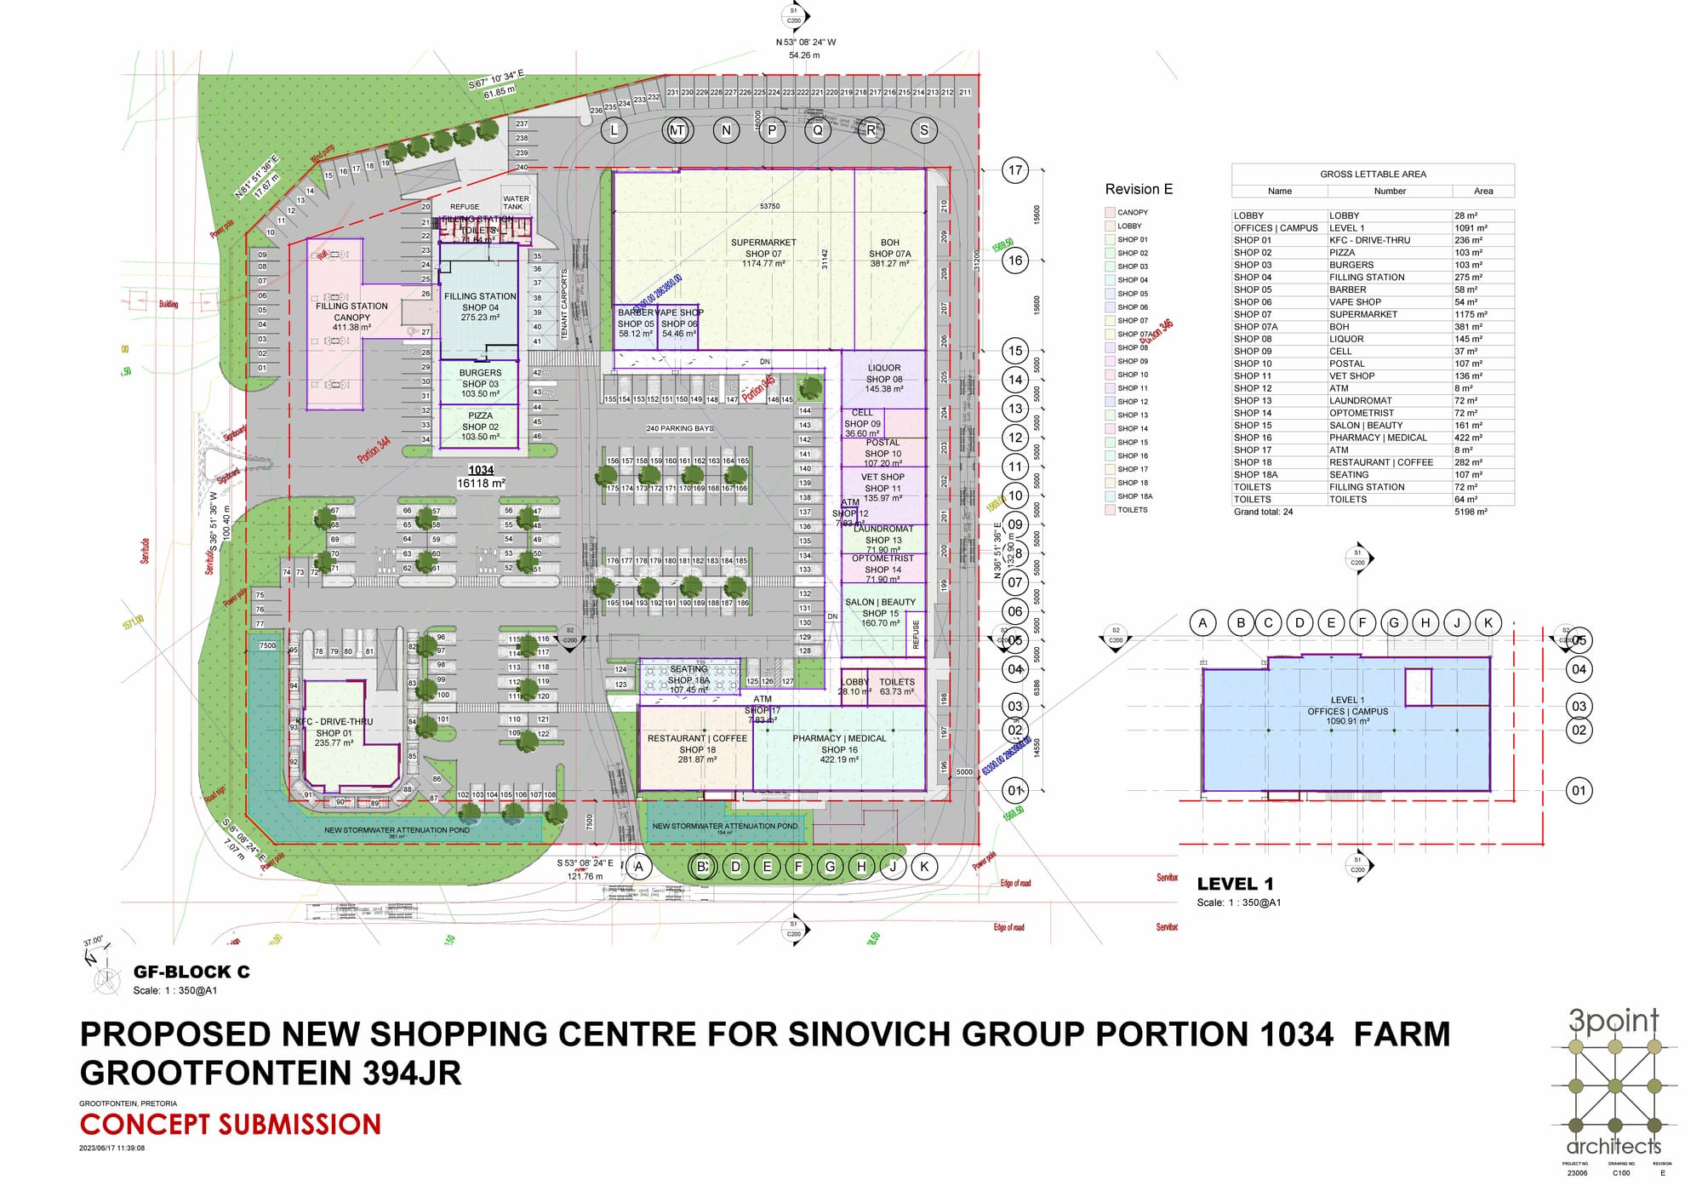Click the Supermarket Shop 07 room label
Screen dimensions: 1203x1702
[763, 253]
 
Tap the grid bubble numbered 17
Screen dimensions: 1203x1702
[1014, 170]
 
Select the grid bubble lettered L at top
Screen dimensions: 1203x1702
[614, 130]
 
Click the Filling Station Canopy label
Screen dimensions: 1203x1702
[351, 317]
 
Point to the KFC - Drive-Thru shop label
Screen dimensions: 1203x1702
[334, 732]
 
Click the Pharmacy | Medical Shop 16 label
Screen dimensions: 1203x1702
[839, 749]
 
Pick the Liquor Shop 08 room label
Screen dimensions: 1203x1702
[884, 379]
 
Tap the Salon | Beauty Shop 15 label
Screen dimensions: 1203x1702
[880, 613]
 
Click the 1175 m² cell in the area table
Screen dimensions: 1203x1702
[1466, 314]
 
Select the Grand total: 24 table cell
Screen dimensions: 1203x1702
[1264, 512]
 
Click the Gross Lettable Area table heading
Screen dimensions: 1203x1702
[1373, 174]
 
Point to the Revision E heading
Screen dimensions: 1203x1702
[1139, 189]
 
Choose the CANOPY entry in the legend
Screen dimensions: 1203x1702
[1132, 212]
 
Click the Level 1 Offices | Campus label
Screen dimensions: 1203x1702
[1347, 711]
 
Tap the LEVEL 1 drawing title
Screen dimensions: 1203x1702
[1235, 884]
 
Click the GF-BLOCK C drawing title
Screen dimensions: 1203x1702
[191, 972]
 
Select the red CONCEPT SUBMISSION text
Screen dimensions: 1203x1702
[230, 1125]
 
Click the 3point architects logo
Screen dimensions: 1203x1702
[1614, 1082]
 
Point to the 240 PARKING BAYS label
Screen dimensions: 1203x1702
[680, 428]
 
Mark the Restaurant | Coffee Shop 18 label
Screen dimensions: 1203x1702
[697, 749]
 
